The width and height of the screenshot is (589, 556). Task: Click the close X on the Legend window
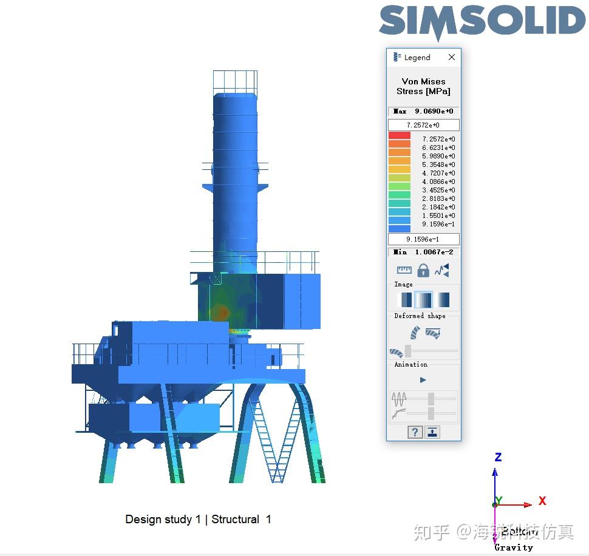(451, 57)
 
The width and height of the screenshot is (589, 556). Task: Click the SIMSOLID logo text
(483, 23)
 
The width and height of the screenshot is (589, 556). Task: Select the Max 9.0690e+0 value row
(423, 111)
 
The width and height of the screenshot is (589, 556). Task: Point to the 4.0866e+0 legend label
(438, 181)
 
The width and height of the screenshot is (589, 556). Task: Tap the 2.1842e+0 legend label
(438, 207)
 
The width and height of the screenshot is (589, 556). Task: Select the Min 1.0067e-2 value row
(423, 252)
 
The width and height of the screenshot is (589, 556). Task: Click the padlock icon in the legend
(423, 270)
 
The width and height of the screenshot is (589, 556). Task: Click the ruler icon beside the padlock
(404, 270)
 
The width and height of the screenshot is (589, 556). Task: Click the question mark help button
(415, 432)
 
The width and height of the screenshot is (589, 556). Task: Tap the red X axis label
(542, 501)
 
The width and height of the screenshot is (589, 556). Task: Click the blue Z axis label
(498, 457)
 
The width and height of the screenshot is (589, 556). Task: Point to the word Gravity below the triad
(513, 547)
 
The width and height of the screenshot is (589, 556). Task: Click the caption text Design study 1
(163, 519)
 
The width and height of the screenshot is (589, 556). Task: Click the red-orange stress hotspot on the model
(223, 312)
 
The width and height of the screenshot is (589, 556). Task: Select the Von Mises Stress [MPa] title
(423, 86)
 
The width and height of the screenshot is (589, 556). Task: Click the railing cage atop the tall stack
(234, 81)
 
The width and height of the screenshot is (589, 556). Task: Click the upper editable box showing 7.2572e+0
(423, 125)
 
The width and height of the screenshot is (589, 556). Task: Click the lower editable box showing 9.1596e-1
(423, 239)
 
